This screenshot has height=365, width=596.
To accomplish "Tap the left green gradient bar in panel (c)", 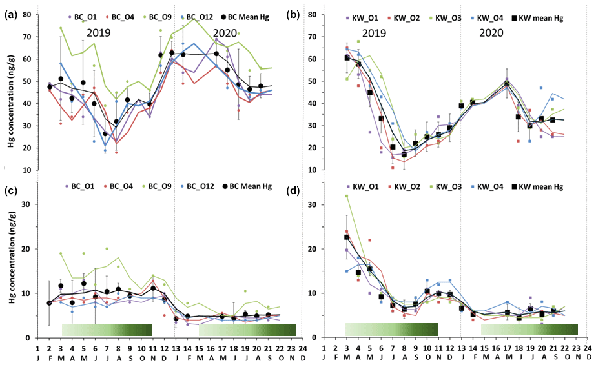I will [x=107, y=330].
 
